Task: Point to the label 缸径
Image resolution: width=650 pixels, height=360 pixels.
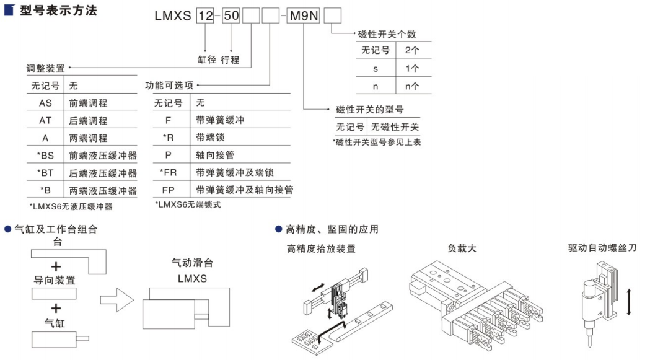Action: point(207,59)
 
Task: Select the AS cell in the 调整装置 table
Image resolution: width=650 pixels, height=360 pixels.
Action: point(45,103)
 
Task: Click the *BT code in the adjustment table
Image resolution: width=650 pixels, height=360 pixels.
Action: point(45,173)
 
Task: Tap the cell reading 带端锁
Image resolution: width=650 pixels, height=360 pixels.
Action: point(209,137)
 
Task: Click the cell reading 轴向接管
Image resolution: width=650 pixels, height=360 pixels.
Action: point(213,154)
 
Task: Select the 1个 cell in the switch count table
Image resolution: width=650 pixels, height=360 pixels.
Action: point(411,68)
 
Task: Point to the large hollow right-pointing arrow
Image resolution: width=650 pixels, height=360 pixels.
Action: point(117,301)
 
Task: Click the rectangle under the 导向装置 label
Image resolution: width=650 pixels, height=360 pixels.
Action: point(55,293)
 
